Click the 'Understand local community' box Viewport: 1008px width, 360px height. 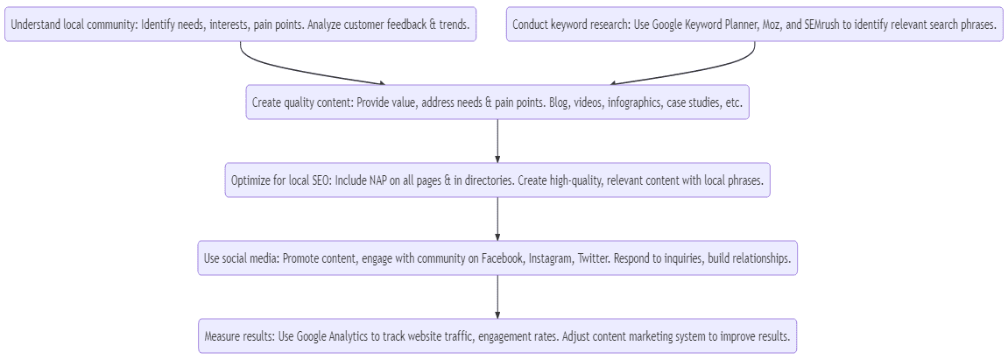[241, 25]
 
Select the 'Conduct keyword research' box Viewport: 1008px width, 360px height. [754, 25]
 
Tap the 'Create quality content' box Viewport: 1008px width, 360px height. [497, 102]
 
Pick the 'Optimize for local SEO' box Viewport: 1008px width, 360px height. [497, 180]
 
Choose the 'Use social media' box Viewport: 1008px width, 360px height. [497, 258]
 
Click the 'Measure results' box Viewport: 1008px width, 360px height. [497, 336]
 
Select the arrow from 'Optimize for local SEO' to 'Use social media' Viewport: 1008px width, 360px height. [497, 219]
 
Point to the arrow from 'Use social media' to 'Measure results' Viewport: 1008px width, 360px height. [497, 297]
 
